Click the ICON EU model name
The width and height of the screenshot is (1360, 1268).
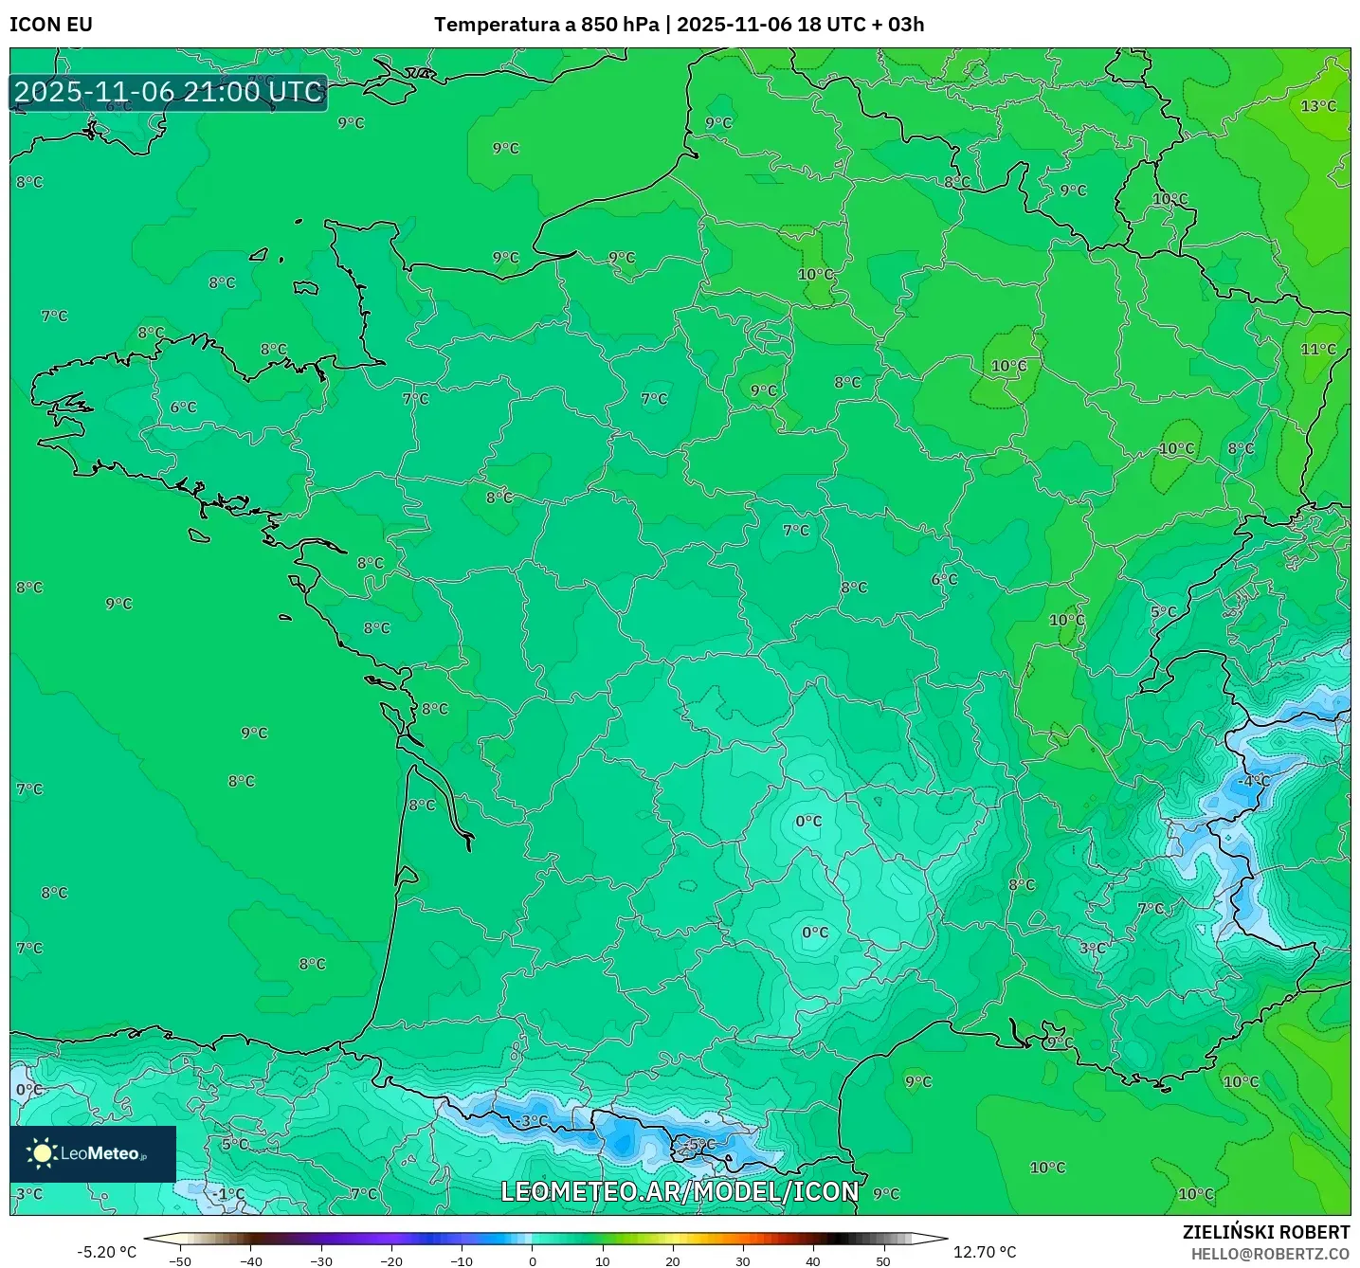point(51,25)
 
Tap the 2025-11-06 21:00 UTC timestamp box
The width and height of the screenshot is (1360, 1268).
point(169,92)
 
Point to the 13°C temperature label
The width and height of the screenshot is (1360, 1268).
point(1318,106)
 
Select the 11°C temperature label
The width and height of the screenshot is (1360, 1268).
point(1318,350)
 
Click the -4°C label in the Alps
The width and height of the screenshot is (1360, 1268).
point(1253,781)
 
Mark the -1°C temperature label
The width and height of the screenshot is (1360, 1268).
point(227,1194)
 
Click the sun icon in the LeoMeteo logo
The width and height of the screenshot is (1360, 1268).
point(42,1153)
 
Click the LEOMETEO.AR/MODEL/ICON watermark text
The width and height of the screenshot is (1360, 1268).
point(680,1192)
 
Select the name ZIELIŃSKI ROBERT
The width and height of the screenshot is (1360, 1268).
point(1266,1232)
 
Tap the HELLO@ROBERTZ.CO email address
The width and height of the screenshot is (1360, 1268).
point(1270,1254)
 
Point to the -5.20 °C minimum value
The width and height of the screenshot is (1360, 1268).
point(106,1253)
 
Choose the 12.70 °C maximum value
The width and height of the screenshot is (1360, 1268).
point(985,1253)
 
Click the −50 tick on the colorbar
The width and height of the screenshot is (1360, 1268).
point(180,1261)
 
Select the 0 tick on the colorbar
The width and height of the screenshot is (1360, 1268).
point(533,1261)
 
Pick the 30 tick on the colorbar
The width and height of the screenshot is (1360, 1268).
point(742,1261)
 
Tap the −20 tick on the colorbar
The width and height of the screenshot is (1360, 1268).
point(391,1261)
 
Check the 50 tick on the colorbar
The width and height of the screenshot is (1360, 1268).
point(882,1261)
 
